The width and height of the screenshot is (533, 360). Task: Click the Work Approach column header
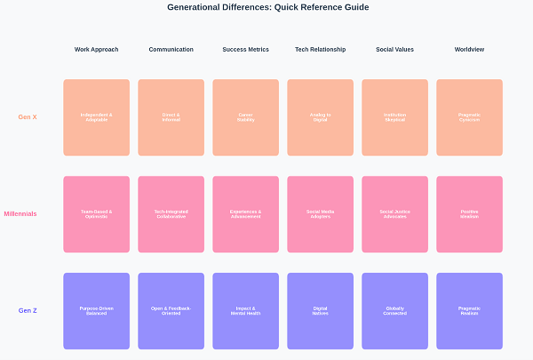(x=96, y=50)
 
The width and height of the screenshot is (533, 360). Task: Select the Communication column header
(x=171, y=50)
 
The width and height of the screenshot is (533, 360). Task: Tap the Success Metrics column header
(x=245, y=50)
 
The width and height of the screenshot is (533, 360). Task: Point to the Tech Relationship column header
(x=320, y=50)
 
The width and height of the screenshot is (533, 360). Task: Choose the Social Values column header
(x=394, y=50)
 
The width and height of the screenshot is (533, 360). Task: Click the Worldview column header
(x=469, y=50)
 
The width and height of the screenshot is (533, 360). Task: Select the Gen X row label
(x=28, y=117)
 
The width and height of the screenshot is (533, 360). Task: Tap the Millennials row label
(x=20, y=213)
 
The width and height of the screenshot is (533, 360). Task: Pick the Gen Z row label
(x=28, y=310)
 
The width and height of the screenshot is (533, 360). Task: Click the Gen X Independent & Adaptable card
(x=96, y=117)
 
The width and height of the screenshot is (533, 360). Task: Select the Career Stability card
(x=245, y=117)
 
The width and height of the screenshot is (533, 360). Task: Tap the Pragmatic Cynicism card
(x=469, y=117)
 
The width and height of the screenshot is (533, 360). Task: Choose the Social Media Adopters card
(x=320, y=213)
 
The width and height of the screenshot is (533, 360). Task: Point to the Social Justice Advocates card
(x=394, y=213)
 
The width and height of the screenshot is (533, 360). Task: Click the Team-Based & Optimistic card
(x=96, y=213)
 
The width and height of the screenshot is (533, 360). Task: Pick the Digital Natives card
(x=320, y=310)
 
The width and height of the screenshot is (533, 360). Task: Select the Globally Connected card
(x=394, y=310)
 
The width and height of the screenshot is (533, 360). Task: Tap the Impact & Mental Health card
(x=245, y=310)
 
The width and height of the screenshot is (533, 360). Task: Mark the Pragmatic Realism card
(x=469, y=310)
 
